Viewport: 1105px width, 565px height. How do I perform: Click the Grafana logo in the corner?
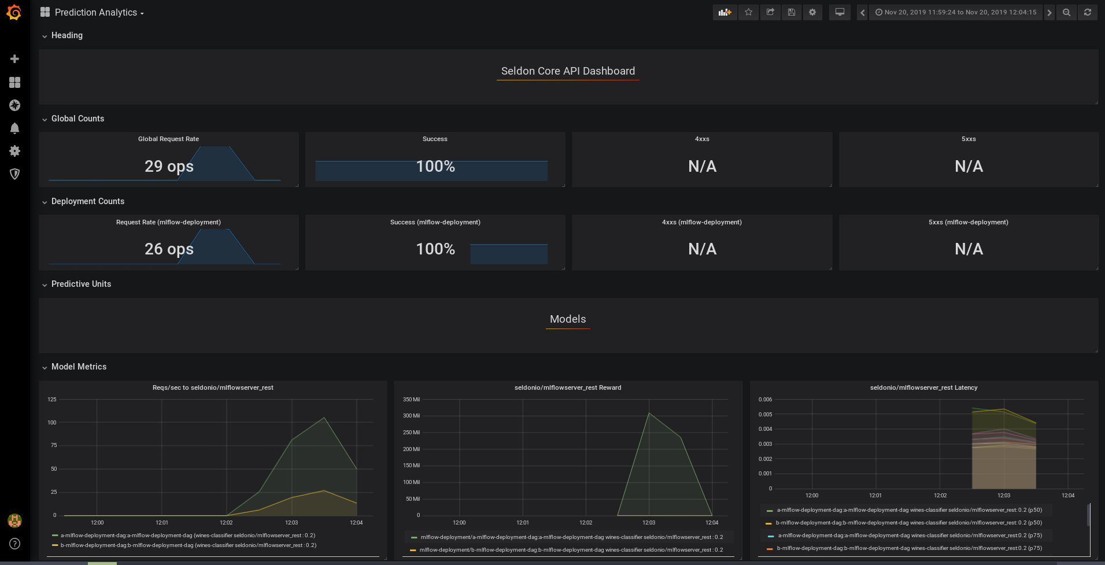coord(14,12)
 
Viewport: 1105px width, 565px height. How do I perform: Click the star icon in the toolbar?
coord(748,12)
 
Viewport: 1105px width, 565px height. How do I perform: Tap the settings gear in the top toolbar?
coord(812,12)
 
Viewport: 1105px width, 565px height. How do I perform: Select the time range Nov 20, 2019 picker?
coord(956,12)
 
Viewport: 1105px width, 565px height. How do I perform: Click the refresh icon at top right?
coord(1088,12)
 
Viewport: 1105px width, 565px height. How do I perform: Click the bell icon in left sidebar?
coord(14,128)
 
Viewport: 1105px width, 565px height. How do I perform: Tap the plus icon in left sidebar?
coord(14,59)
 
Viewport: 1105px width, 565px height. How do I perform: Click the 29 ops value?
coord(169,167)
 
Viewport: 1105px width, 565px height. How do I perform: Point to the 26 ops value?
coord(169,249)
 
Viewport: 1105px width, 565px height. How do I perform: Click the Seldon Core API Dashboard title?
coord(568,71)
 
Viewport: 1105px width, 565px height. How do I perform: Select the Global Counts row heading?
coord(77,119)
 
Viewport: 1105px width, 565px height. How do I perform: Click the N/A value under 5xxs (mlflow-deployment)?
coord(969,249)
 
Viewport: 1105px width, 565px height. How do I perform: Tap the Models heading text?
coord(568,319)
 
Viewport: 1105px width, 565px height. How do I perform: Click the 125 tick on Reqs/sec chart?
coord(52,400)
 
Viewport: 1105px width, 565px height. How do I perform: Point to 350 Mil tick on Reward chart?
coord(411,400)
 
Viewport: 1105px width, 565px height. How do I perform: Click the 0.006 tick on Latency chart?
coord(765,400)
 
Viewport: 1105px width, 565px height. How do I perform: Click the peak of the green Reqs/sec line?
coord(324,418)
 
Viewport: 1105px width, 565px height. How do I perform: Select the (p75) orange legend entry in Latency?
coord(908,548)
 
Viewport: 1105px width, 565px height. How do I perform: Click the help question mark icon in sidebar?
coord(14,544)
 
